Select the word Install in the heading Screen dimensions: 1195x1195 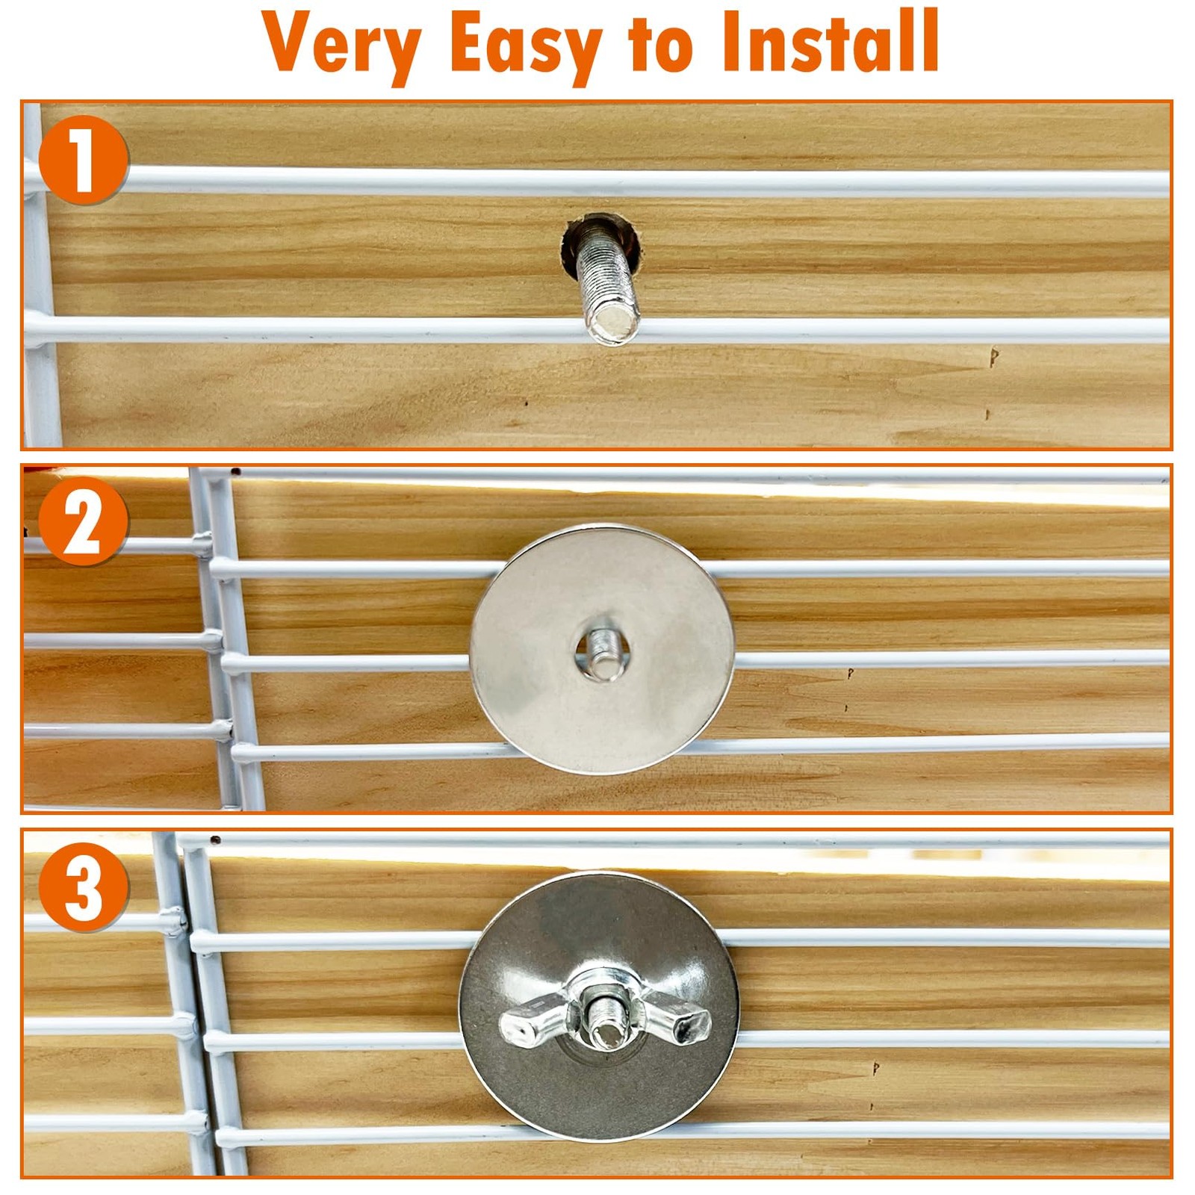tap(830, 41)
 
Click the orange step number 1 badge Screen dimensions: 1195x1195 tap(83, 160)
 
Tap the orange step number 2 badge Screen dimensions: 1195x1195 tap(83, 521)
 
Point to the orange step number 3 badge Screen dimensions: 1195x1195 tap(83, 887)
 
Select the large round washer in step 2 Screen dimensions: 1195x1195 tap(602, 648)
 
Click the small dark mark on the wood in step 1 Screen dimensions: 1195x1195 tap(993, 357)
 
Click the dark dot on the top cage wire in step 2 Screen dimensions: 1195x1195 tap(235, 472)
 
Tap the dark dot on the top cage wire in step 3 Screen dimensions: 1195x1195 tap(215, 840)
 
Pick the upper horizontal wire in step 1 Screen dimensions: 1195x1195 tap(597, 181)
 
